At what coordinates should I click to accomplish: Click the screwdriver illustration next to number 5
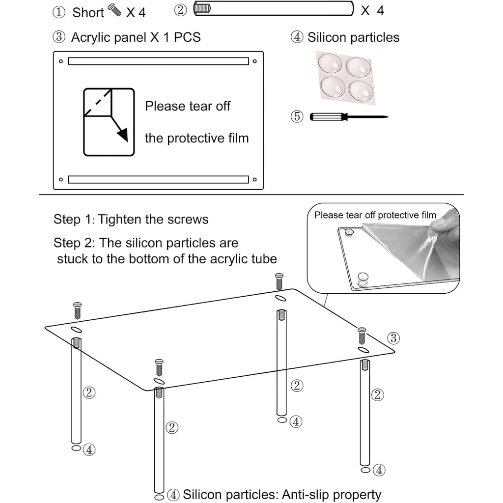[x=349, y=117]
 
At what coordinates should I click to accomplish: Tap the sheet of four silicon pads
[x=346, y=78]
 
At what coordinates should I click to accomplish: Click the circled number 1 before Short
[x=59, y=12]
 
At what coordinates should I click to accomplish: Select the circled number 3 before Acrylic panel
[x=59, y=37]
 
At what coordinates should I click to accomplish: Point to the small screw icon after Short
[x=114, y=10]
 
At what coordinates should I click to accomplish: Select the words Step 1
[x=73, y=220]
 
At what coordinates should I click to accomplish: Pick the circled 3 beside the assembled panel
[x=393, y=338]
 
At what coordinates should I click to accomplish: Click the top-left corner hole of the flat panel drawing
[x=61, y=61]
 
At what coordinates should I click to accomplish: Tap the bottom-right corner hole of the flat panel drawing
[x=255, y=180]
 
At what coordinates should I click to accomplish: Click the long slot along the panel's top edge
[x=159, y=61]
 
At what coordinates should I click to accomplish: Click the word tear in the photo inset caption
[x=355, y=215]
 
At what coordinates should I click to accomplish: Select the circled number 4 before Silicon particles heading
[x=297, y=37]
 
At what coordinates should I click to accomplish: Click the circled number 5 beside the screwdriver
[x=297, y=116]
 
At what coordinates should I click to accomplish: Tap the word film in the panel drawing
[x=238, y=138]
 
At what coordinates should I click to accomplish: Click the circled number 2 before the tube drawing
[x=181, y=10]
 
